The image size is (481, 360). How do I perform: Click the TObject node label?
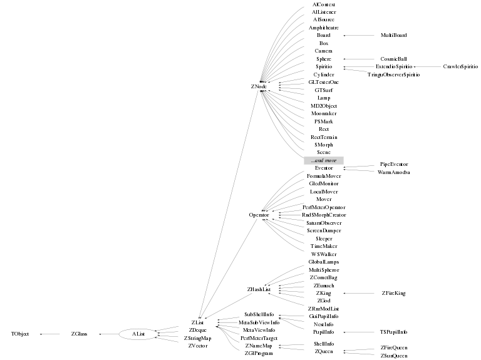pos(20,334)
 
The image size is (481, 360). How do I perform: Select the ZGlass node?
pos(79,334)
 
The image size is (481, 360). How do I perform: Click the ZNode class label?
pos(258,86)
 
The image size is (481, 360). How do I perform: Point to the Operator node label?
pos(259,215)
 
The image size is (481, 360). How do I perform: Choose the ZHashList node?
pos(259,289)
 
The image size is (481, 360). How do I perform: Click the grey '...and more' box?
pos(324,160)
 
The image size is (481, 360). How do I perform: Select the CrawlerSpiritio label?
pos(460,66)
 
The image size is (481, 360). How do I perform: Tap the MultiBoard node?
pos(394,35)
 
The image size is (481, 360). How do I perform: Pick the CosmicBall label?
pos(393,59)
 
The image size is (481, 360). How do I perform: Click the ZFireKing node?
pos(394,293)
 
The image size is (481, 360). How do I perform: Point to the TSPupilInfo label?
pos(393,332)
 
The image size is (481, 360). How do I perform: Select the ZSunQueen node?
pos(393,356)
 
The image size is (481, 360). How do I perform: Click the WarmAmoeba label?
pos(393,172)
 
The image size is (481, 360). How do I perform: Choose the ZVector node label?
pos(198,346)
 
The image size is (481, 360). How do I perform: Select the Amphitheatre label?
pos(324,28)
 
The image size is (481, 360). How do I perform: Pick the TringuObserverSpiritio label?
pos(393,75)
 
